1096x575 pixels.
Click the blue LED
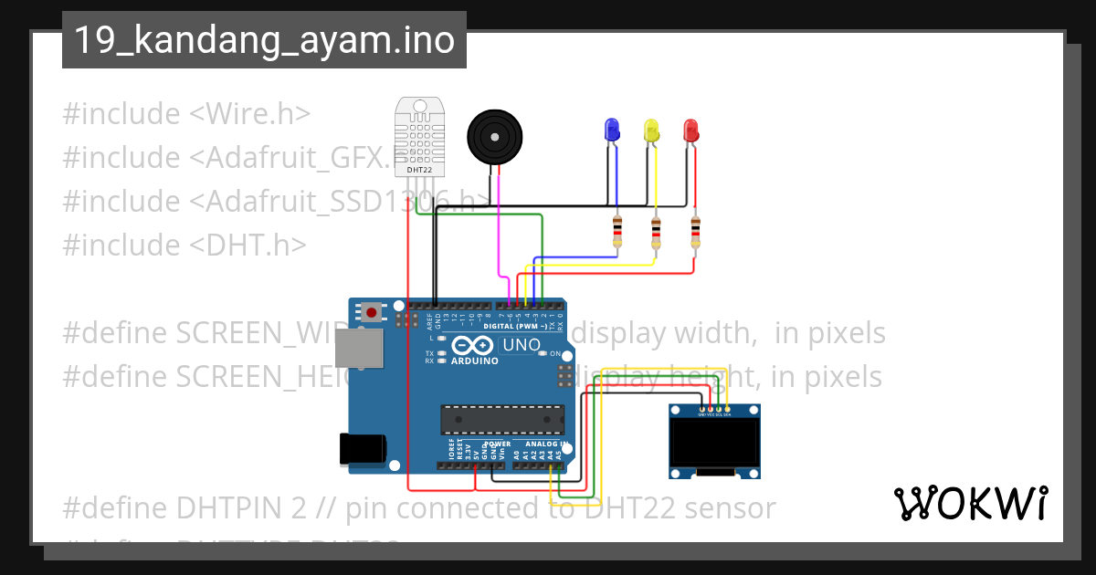tap(612, 129)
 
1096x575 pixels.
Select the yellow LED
tap(651, 130)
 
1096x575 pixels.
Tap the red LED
tap(691, 130)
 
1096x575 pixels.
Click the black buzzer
tap(496, 138)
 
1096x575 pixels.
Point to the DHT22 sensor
tap(420, 137)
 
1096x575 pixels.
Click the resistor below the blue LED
tap(618, 232)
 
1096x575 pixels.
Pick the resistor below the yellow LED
tap(656, 234)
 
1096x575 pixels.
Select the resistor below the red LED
tap(696, 232)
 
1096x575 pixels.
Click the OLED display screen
tap(714, 444)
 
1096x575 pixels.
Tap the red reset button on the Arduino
tap(372, 313)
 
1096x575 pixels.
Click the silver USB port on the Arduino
tap(354, 349)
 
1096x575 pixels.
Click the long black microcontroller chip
tap(501, 419)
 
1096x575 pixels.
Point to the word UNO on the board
tap(522, 346)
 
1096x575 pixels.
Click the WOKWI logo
tap(970, 502)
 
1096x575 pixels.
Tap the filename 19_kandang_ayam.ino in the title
tap(264, 40)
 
